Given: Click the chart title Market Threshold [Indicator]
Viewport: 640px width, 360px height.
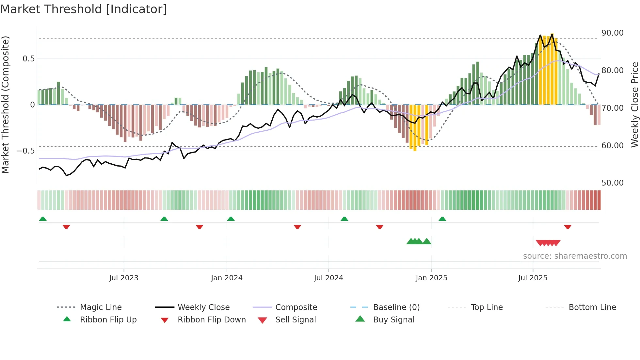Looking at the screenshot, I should point(84,9).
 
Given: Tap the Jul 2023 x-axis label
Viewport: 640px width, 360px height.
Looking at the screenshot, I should point(124,278).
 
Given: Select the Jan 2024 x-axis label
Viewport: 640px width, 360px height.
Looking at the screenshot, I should point(227,278).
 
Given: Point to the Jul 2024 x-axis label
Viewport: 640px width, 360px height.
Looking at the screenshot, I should point(328,278).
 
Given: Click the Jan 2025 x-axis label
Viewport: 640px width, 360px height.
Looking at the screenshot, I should point(431,278).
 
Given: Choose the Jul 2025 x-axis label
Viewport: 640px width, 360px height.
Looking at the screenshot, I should point(533,278).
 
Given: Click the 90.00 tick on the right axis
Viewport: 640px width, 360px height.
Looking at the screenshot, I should point(612,33).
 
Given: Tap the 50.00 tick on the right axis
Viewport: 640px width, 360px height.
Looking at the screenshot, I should point(612,183).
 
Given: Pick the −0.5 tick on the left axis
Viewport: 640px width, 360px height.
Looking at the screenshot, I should point(25,151).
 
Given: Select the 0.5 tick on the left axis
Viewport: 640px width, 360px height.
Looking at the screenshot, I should point(28,59).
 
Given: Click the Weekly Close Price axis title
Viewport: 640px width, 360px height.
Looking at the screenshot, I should point(634,105).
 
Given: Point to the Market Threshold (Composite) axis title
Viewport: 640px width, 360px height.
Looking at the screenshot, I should point(5,105).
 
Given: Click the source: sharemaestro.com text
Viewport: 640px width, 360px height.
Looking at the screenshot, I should point(575,256).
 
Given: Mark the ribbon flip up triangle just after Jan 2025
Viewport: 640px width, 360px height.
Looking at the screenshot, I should point(442,219).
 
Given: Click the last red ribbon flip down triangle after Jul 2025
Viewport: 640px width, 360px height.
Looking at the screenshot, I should point(568,227).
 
